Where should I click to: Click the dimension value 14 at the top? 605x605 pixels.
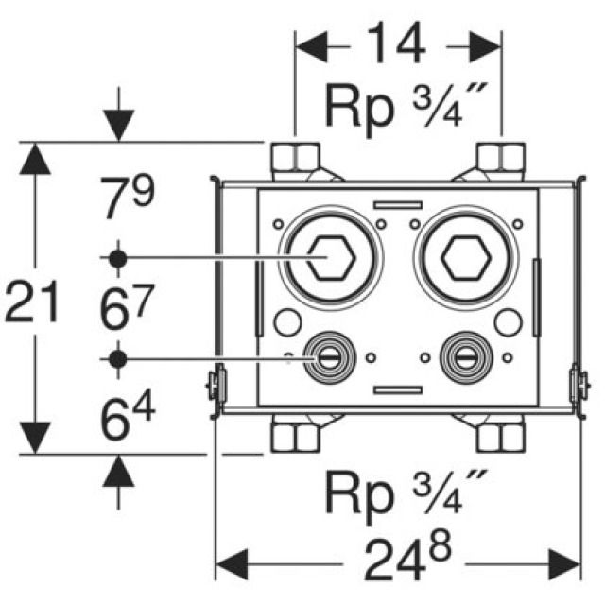396,45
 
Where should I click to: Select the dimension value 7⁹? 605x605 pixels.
127,199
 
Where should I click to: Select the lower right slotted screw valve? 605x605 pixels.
462,356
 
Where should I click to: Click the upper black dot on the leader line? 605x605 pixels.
117,257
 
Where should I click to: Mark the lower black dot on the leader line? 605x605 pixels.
117,357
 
